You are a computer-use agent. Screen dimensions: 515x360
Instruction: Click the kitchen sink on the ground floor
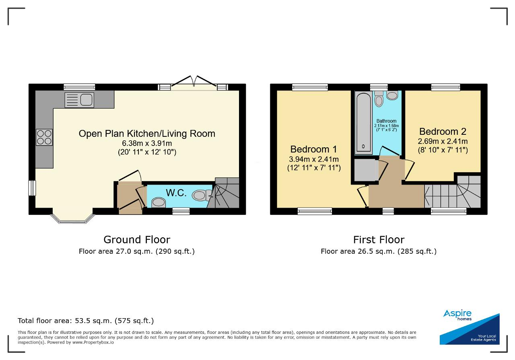79,100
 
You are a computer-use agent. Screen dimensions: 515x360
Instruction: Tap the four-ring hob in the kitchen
44,137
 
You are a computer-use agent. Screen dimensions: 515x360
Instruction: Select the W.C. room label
176,193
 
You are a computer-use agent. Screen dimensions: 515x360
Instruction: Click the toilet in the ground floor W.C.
202,195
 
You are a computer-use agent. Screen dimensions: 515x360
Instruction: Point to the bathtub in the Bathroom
363,123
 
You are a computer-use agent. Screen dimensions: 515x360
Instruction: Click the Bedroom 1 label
313,149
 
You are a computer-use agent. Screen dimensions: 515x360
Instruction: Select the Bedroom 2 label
443,132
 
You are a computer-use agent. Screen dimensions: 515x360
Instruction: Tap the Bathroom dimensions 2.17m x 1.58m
387,126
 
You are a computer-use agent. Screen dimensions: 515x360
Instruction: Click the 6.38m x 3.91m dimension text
147,143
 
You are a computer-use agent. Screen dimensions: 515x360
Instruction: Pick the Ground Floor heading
137,240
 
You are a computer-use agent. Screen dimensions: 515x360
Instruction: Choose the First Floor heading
379,240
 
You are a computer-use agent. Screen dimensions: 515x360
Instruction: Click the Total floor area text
86,321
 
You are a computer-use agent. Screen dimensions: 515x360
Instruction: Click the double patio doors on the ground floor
194,83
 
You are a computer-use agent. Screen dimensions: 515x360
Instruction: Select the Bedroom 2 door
409,169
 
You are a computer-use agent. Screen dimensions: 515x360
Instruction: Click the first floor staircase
453,192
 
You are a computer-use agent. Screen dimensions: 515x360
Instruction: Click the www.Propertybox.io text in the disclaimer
93,342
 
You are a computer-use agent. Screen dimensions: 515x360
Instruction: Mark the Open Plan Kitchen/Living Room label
147,134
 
